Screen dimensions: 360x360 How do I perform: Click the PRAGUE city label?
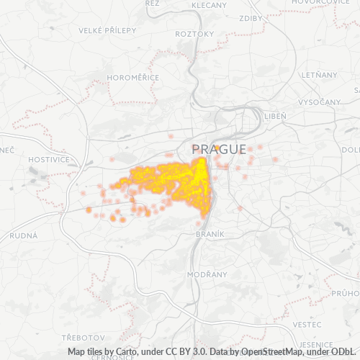click(x=219, y=149)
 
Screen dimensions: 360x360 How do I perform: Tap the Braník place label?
click(x=210, y=234)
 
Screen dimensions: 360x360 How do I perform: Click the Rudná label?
click(x=24, y=236)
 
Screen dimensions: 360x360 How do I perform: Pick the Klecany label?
click(x=209, y=5)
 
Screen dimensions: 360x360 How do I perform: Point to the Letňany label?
click(x=320, y=74)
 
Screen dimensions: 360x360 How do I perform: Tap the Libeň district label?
click(x=275, y=116)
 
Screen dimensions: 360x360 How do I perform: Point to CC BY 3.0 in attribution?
click(x=173, y=352)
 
